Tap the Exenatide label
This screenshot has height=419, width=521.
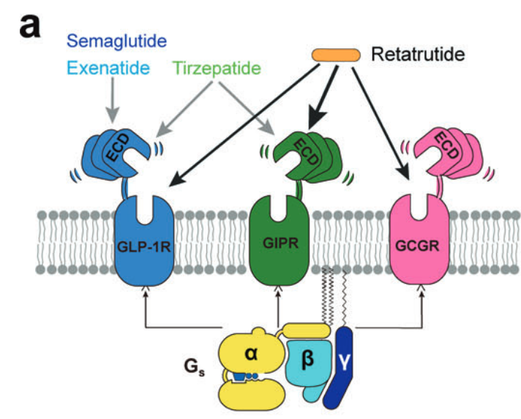106,69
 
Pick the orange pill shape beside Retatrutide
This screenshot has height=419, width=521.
336,55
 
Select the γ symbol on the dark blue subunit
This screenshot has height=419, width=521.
345,358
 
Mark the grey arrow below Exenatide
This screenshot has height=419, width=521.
111,102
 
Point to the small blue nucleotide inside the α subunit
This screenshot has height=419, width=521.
242,378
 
